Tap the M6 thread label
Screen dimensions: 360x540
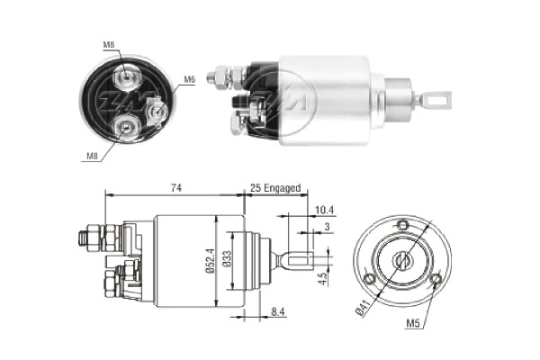point(189,80)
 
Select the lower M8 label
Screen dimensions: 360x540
point(92,156)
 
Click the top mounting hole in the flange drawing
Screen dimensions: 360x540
point(402,225)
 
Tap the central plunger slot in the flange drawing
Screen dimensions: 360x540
point(402,261)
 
